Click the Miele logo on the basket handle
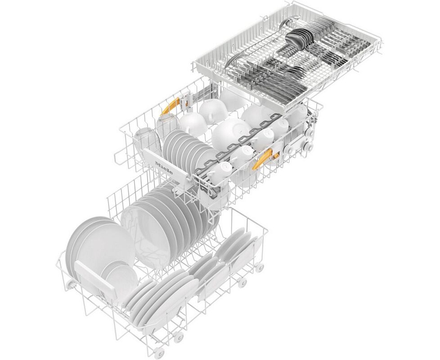tap(164, 168)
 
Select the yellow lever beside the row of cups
tap(262, 159)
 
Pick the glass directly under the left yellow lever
tap(168, 124)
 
